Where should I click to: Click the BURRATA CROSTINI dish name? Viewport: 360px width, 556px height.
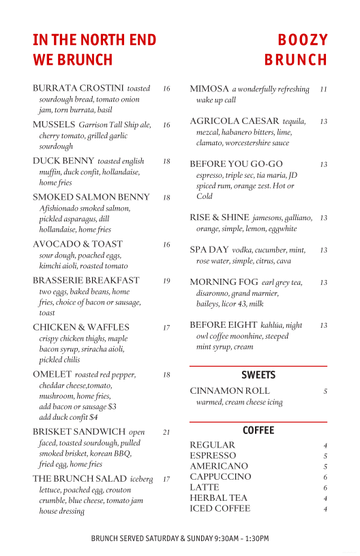78,89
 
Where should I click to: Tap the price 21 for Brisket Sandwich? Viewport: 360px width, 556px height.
166,432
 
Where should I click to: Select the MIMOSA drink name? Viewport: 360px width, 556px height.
209,89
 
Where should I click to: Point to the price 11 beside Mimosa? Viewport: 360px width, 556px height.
323,89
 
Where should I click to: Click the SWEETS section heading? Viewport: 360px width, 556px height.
258,375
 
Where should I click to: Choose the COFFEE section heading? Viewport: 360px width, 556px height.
258,431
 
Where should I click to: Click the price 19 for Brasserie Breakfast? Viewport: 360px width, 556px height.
166,281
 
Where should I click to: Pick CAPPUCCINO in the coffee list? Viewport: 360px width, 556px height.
220,477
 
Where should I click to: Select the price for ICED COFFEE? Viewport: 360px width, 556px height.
325,509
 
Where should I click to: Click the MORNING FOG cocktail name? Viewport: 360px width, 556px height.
224,282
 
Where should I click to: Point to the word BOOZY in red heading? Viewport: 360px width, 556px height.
303,40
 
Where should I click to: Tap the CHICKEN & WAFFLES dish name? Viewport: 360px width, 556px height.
80,328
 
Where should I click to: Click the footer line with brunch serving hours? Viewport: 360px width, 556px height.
180,538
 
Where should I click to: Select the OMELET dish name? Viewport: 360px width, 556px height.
52,375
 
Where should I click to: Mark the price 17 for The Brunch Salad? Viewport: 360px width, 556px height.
166,480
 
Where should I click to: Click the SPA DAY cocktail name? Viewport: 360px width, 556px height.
209,250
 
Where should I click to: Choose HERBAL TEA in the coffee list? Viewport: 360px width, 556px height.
218,498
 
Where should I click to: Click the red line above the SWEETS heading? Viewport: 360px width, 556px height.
258,367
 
